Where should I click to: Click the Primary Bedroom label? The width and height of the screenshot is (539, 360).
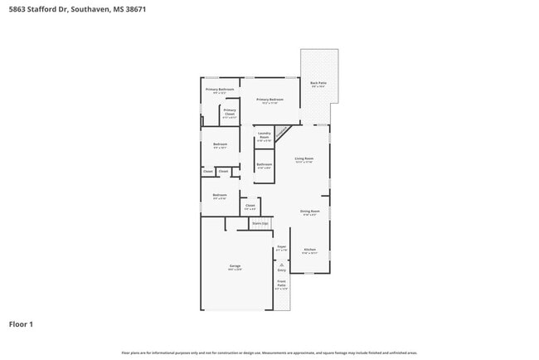(269, 100)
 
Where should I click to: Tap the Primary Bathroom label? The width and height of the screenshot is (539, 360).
(221, 90)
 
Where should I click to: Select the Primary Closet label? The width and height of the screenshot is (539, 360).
(230, 111)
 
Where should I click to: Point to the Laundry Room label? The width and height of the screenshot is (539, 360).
(265, 135)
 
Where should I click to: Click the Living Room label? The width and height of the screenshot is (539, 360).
(304, 158)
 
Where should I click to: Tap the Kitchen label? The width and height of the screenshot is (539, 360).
(309, 250)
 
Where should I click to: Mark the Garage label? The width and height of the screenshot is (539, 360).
(236, 265)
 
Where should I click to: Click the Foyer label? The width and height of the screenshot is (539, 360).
(281, 246)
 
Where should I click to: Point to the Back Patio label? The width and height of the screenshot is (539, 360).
(318, 83)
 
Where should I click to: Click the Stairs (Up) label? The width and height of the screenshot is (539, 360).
(260, 223)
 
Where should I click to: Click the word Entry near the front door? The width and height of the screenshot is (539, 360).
(281, 270)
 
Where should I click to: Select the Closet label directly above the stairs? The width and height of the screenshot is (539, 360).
(250, 205)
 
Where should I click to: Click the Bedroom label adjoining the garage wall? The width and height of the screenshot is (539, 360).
(220, 196)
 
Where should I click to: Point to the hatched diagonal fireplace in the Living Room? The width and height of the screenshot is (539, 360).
(282, 130)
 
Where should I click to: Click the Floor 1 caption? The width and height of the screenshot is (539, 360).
(21, 324)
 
